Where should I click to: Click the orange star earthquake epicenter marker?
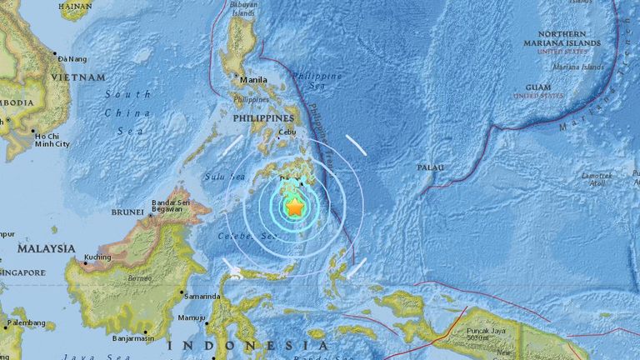click(x=295, y=207)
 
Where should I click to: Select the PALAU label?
click(x=431, y=168)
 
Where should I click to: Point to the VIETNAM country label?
click(x=80, y=77)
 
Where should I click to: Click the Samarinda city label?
click(x=202, y=296)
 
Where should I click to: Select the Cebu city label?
click(x=287, y=132)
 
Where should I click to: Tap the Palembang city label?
click(x=27, y=322)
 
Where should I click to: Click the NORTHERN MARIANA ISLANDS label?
click(x=562, y=37)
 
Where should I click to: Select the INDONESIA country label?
click(x=247, y=344)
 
